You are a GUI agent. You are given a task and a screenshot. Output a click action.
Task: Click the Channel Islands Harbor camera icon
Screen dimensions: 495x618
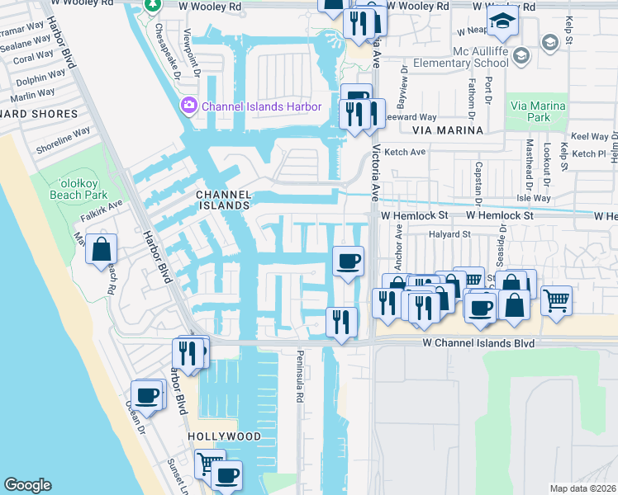(189, 106)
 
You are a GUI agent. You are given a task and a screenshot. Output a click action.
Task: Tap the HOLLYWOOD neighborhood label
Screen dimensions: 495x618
(224, 436)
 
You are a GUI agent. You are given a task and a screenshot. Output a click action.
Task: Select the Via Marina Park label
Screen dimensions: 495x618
(538, 111)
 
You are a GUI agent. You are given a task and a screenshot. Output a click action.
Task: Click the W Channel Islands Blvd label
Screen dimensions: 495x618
(478, 342)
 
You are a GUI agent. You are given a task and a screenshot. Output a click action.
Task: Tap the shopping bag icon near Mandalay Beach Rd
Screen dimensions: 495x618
(101, 248)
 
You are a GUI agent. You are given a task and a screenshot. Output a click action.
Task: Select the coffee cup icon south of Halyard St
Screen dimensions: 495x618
(347, 261)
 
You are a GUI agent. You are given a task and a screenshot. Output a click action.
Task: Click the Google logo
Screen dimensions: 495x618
(27, 485)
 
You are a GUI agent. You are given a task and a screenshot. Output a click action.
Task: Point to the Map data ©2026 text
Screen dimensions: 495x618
(582, 488)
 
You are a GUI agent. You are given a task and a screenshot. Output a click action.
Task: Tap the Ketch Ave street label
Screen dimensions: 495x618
(405, 152)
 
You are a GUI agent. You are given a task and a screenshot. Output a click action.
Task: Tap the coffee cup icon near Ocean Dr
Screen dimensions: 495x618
(148, 394)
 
